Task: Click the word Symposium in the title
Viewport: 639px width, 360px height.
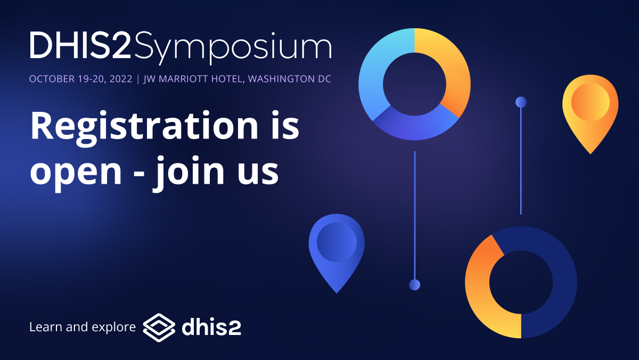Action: [233, 47]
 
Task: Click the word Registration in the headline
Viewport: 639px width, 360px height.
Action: [135, 126]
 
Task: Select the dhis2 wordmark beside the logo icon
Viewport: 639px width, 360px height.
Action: [211, 326]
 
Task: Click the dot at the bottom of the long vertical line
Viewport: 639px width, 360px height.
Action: [414, 285]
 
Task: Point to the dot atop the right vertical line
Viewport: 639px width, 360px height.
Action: [521, 102]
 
